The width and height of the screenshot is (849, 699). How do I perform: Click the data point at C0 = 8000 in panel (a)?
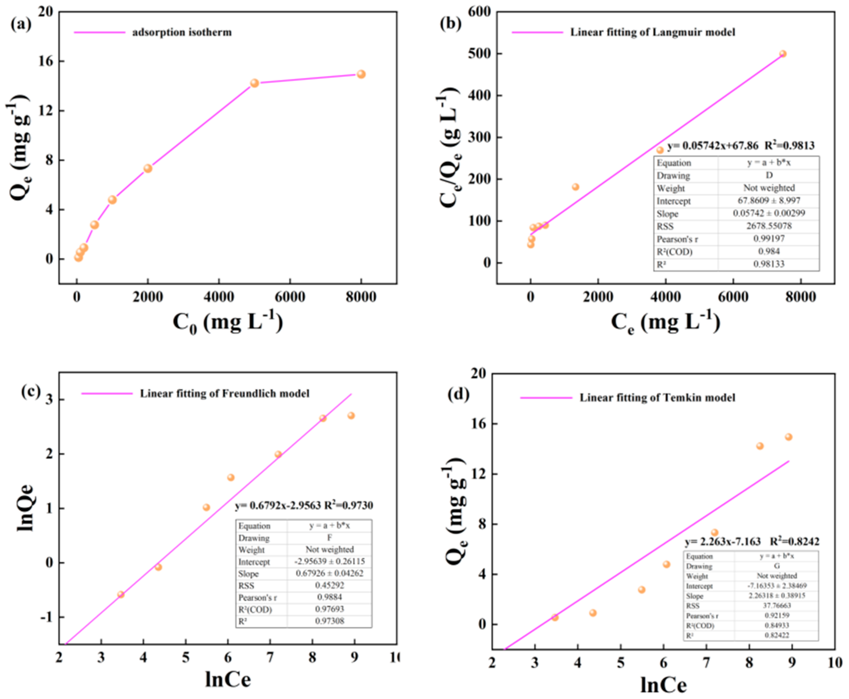pyautogui.click(x=361, y=74)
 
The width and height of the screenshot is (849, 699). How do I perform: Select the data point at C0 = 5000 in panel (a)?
pyautogui.click(x=254, y=83)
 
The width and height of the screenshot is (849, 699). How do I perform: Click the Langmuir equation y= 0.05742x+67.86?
pyautogui.click(x=712, y=146)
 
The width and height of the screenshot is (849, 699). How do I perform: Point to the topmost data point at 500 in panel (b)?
pyautogui.click(x=782, y=54)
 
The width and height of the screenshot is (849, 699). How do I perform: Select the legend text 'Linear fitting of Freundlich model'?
pyautogui.click(x=224, y=393)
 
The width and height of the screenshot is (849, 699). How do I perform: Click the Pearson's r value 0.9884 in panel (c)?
pyautogui.click(x=329, y=597)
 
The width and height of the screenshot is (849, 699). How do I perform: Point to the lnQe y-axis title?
pyautogui.click(x=25, y=508)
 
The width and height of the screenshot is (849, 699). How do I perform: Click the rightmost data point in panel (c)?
pyautogui.click(x=351, y=416)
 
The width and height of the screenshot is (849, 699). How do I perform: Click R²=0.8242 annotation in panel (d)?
pyautogui.click(x=794, y=542)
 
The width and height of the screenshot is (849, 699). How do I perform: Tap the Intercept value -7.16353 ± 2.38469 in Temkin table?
pyautogui.click(x=776, y=586)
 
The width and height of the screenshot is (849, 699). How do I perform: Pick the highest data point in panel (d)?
pyautogui.click(x=788, y=437)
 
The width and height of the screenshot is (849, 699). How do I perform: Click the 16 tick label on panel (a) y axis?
pyautogui.click(x=45, y=61)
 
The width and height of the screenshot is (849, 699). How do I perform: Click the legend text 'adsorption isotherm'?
pyautogui.click(x=182, y=32)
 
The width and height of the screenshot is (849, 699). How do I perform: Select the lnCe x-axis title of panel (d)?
pyautogui.click(x=663, y=685)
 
